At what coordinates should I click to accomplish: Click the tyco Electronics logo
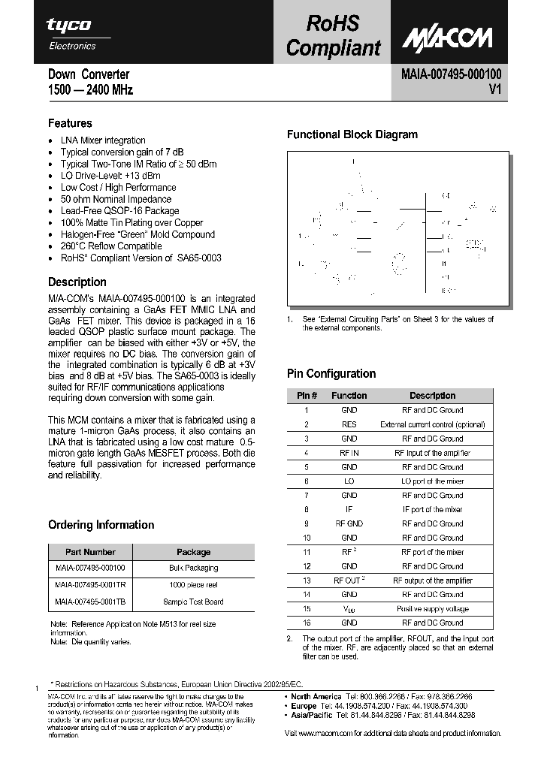pos(72,33)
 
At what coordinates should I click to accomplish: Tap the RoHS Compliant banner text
pos(333,35)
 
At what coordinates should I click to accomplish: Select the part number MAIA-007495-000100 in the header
pos(446,74)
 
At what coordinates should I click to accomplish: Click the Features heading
pos(70,123)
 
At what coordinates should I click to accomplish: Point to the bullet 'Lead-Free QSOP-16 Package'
pos(119,211)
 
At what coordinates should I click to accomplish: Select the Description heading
pos(77,282)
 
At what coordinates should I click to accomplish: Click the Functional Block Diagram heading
pos(352,135)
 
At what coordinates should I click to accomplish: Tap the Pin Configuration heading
pos(331,374)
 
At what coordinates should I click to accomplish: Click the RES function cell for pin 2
pos(349,424)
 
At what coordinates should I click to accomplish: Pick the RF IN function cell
pos(349,453)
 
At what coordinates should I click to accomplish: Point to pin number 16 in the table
pos(307,623)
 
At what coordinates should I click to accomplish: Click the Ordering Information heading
pos(101,525)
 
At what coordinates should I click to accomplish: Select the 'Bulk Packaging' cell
pos(193,568)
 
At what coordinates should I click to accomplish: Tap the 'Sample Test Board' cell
pos(193,602)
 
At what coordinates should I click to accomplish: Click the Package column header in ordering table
pos(193,552)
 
